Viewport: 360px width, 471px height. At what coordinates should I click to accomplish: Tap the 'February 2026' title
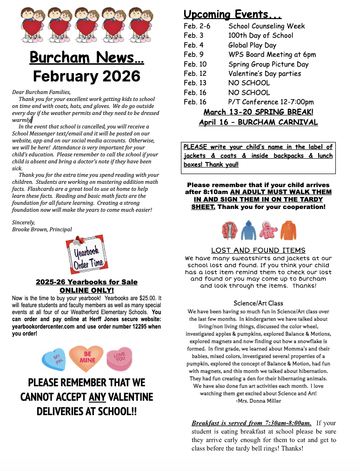(x=87, y=76)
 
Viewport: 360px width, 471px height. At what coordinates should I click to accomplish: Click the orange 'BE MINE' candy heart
(x=86, y=357)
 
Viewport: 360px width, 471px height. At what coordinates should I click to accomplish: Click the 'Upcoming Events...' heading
(x=232, y=14)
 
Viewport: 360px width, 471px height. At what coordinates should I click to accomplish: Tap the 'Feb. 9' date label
(x=193, y=54)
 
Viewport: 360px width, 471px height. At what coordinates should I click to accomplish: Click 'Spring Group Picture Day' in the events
(x=268, y=64)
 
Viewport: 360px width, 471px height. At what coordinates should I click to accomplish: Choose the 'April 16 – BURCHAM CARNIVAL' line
(x=258, y=122)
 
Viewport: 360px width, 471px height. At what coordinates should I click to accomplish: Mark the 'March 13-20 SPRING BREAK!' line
(x=258, y=112)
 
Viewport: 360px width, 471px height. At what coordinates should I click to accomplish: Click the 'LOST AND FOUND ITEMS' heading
(x=258, y=250)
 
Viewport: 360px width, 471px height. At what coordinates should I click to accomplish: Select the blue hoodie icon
(x=248, y=230)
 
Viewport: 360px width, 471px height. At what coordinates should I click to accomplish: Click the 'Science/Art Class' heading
(x=258, y=303)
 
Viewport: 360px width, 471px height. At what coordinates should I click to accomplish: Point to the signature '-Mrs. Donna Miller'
(x=258, y=401)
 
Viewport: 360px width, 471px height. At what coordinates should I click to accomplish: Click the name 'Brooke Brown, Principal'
(x=42, y=229)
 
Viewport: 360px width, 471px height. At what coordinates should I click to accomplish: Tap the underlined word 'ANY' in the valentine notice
(x=98, y=397)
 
